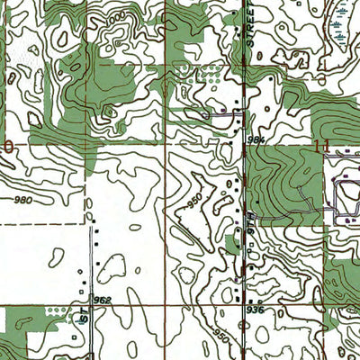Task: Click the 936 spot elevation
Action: tap(256, 310)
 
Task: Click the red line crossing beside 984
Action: tap(245, 144)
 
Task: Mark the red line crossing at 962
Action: tap(90, 306)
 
